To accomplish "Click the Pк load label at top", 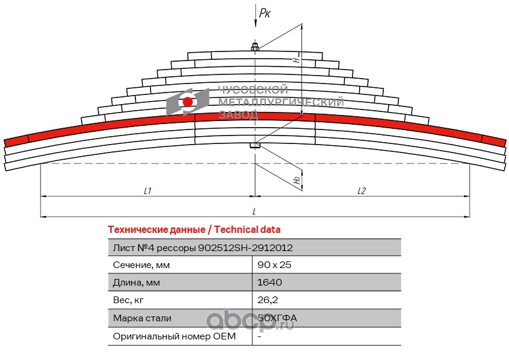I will pos(265,13).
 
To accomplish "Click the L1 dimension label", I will pos(147,191).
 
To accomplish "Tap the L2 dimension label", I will pos(361,191).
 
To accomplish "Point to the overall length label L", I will pos(254,211).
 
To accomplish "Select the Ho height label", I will pos(296,180).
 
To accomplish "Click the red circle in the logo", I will pos(188,101).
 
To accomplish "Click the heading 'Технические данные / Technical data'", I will pos(194,230).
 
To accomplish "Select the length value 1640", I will pos(270,283).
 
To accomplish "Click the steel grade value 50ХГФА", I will pos(277,318).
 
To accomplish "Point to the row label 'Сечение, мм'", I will pos(141,265).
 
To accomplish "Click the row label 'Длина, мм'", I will pos(137,283).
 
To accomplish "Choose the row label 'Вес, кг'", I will pos(129,300).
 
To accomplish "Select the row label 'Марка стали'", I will pos(142,318).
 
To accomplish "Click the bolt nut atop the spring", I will pos(254,47).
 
